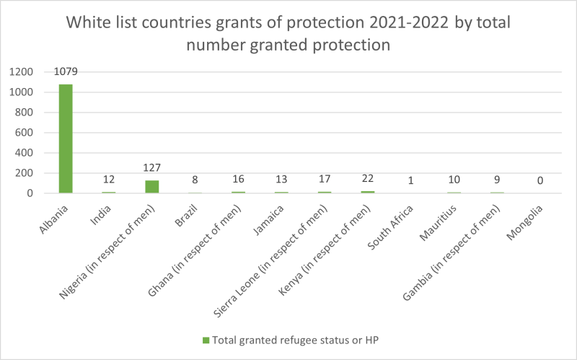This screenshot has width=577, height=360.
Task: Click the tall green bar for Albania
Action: [x=66, y=139]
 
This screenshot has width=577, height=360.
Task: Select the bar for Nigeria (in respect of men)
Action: [x=152, y=187]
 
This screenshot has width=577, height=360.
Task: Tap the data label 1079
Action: [x=66, y=73]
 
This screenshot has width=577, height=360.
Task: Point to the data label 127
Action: [x=152, y=169]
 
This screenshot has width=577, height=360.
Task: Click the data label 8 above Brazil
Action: [x=195, y=181]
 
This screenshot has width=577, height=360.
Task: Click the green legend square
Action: [x=206, y=339]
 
